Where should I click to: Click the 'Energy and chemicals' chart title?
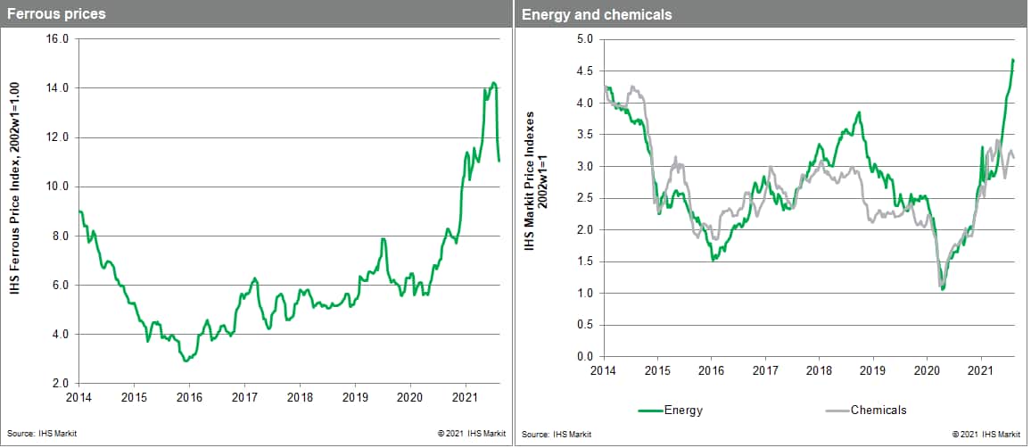[x=597, y=14]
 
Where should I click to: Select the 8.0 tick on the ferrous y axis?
[x=61, y=236]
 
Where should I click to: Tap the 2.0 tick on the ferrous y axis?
[x=61, y=384]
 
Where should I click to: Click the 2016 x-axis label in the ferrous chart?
[x=189, y=395]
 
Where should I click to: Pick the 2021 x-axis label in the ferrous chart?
[x=465, y=395]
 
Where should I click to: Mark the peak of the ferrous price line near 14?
[x=494, y=83]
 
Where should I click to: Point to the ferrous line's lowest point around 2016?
[x=185, y=361]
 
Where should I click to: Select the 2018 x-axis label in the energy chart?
[x=819, y=369]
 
